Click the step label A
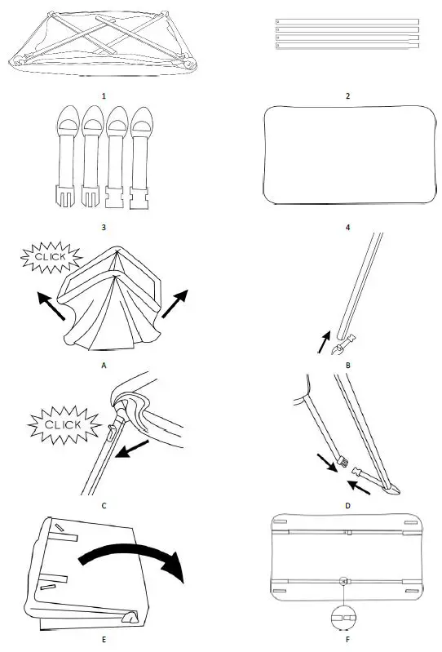(x=104, y=366)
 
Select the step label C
(x=104, y=505)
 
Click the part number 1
(x=104, y=95)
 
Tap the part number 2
(x=347, y=95)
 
